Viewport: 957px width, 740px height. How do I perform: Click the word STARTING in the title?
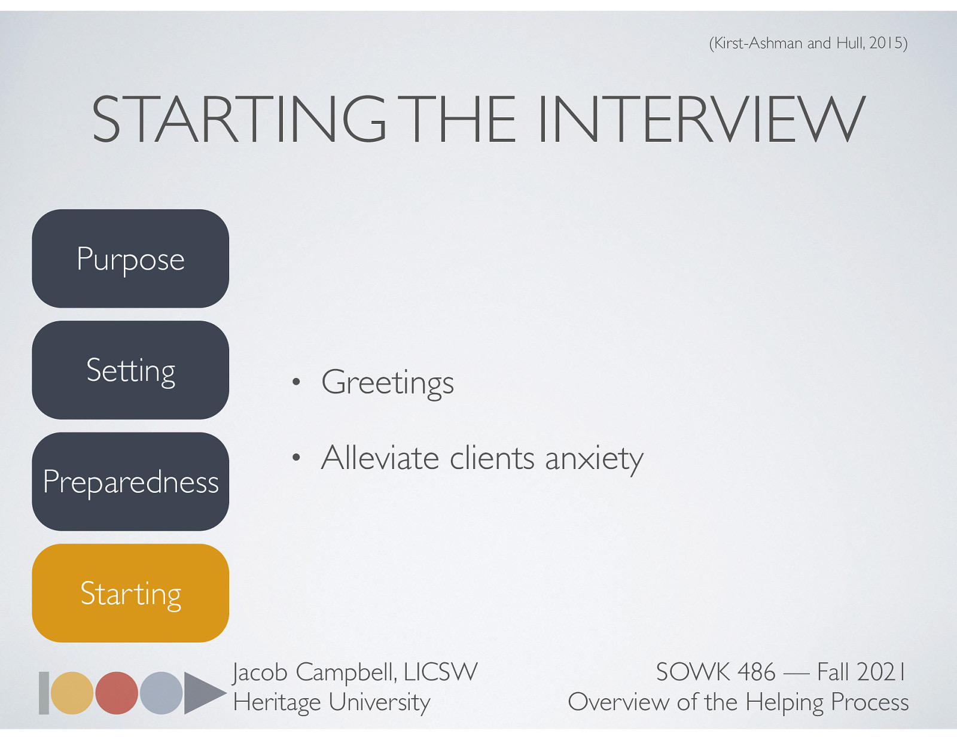tap(239, 120)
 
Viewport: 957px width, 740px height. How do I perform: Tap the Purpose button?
tap(130, 258)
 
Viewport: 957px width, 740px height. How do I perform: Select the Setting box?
tap(130, 370)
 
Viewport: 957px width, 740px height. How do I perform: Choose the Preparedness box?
tap(130, 482)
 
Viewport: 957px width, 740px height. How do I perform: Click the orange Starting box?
tap(130, 593)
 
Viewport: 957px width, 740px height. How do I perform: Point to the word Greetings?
tap(388, 383)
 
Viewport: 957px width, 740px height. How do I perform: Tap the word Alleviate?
tap(380, 458)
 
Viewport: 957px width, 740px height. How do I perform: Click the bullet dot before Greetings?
tap(295, 382)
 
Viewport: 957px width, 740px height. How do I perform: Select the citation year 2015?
tap(886, 43)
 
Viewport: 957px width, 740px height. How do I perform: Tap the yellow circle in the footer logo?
tap(72, 693)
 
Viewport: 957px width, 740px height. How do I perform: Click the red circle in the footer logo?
tap(117, 693)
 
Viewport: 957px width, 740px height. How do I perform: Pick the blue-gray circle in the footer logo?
tap(161, 693)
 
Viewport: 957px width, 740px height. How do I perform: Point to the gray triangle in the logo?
tap(200, 693)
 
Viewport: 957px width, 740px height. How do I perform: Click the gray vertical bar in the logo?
tap(44, 693)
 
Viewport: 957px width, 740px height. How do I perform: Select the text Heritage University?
tap(331, 702)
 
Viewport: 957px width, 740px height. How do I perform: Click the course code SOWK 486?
tap(715, 672)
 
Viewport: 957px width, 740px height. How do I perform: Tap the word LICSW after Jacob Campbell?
tap(440, 672)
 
